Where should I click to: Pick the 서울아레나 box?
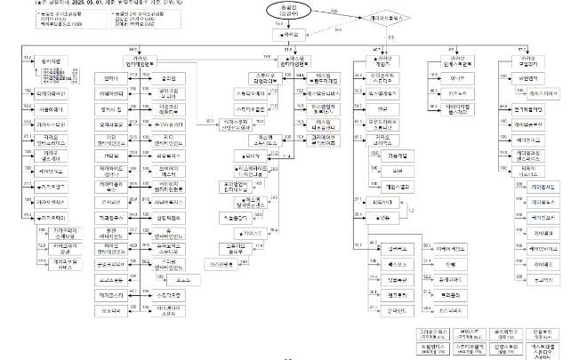click(x=53, y=108)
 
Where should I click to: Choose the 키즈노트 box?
click(x=457, y=93)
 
